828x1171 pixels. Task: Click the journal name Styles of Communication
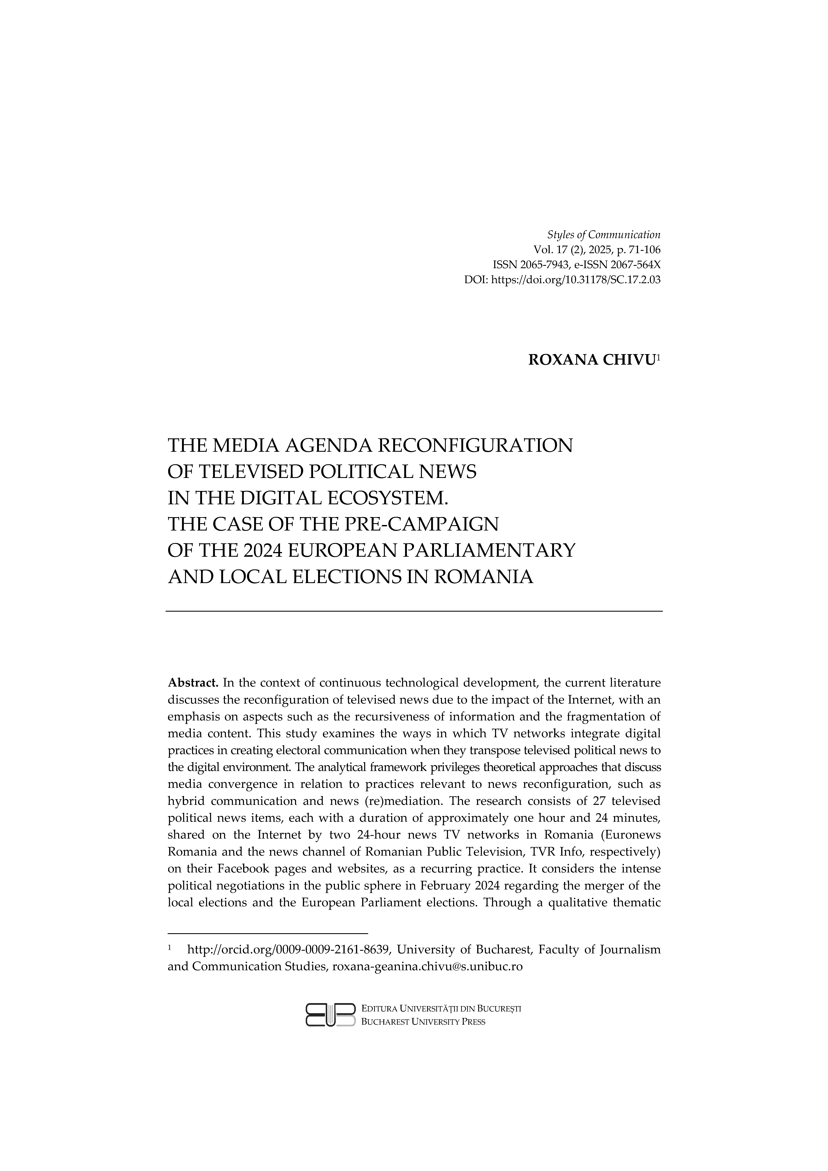604,235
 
